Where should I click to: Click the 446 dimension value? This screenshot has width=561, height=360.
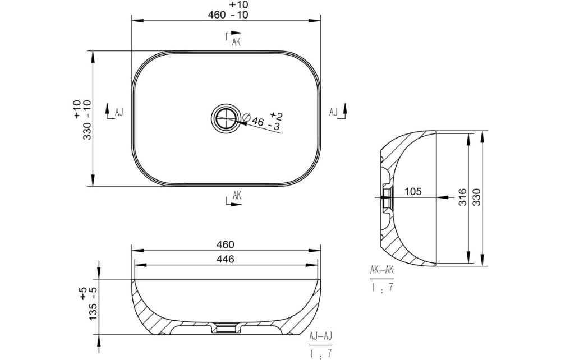pyautogui.click(x=225, y=259)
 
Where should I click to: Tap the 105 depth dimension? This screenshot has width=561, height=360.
pyautogui.click(x=413, y=192)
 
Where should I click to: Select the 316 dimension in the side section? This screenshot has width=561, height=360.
pyautogui.click(x=463, y=197)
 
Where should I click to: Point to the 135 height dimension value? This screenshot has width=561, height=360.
pyautogui.click(x=93, y=312)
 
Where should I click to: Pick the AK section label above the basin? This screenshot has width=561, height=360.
pyautogui.click(x=236, y=42)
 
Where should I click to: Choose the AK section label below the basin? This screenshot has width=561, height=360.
pyautogui.click(x=237, y=195)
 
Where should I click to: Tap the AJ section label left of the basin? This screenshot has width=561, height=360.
pyautogui.click(x=119, y=112)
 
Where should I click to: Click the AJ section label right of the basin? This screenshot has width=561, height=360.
pyautogui.click(x=333, y=112)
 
